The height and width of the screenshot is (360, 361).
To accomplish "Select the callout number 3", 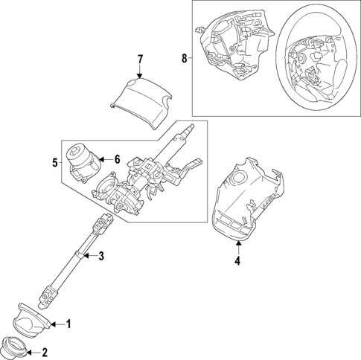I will tap(102, 257).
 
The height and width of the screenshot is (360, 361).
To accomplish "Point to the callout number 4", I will tap(237, 261).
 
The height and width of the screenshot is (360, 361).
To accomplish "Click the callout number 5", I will tap(54, 161).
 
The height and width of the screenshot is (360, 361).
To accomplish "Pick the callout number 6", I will tap(116, 159).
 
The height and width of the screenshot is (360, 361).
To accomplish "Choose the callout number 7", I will tap(139, 58).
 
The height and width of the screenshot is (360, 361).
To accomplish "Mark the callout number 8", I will tap(185, 57).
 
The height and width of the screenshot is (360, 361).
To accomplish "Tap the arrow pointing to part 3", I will tap(89, 257).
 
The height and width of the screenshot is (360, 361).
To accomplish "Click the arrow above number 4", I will tap(237, 247).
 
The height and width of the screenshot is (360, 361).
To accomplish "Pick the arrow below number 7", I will tap(139, 71).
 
